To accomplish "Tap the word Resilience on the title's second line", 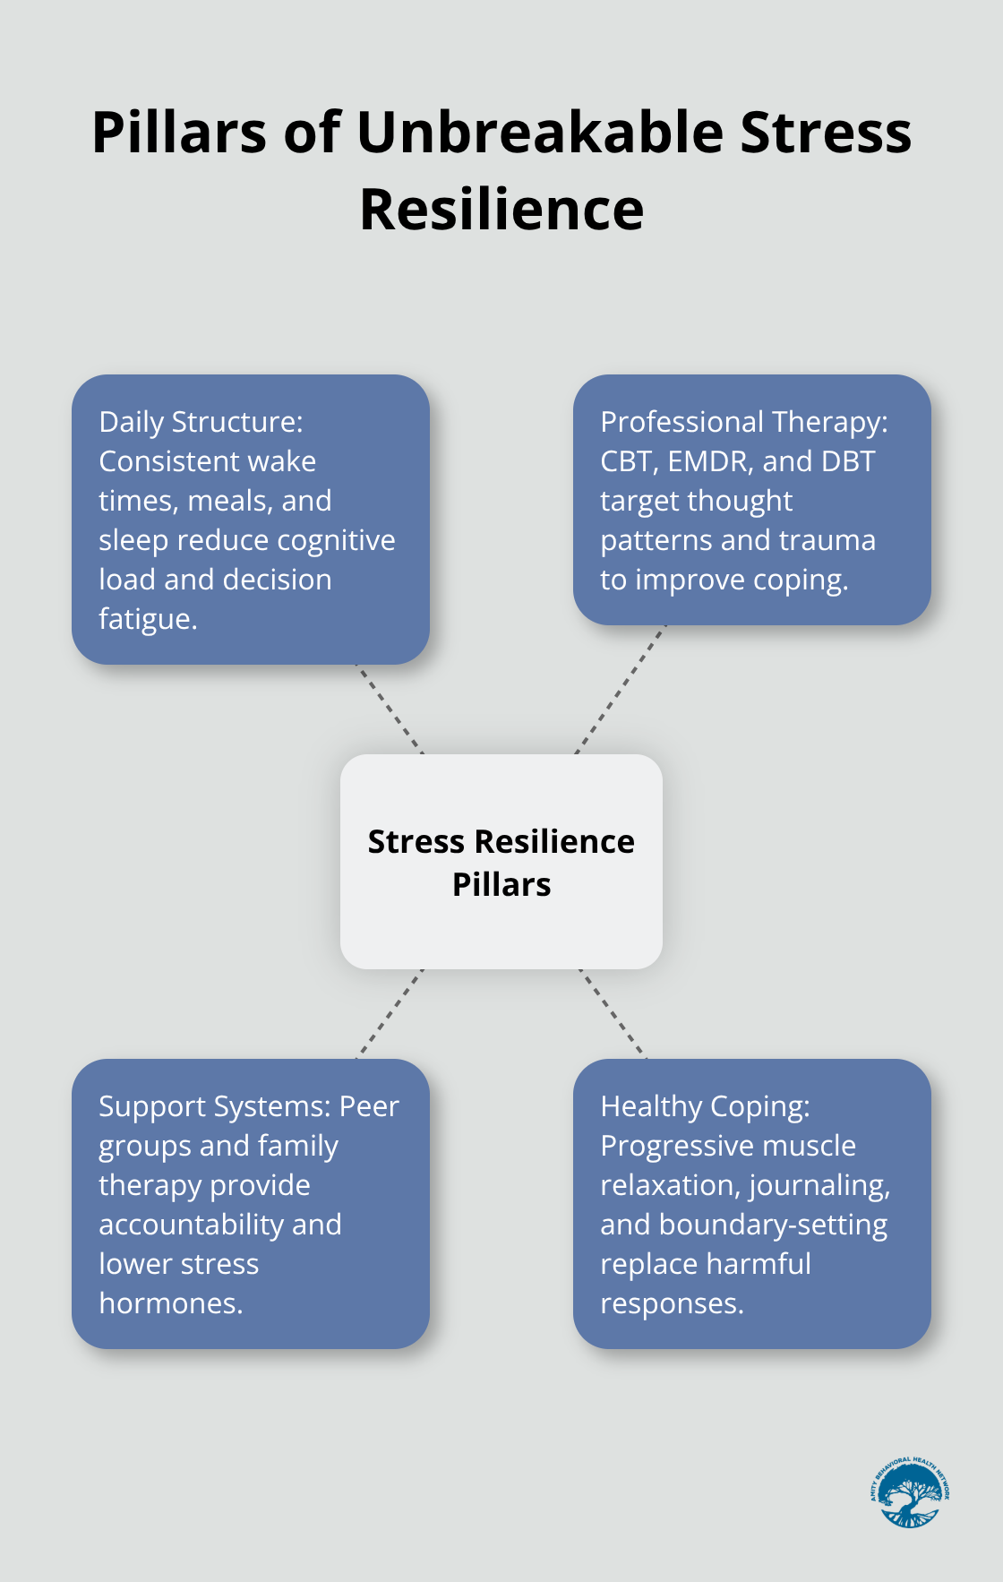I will [501, 211].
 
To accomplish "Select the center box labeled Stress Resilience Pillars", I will [501, 862].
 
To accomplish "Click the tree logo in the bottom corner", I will [909, 1492].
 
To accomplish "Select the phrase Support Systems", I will [215, 1106].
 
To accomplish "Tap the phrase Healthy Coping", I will [705, 1106].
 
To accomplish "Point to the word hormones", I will [171, 1303].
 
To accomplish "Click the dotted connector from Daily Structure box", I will [390, 709].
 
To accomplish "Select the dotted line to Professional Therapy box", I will [620, 690].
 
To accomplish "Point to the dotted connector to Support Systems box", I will [390, 1014].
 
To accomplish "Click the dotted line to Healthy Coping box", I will [613, 1014].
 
